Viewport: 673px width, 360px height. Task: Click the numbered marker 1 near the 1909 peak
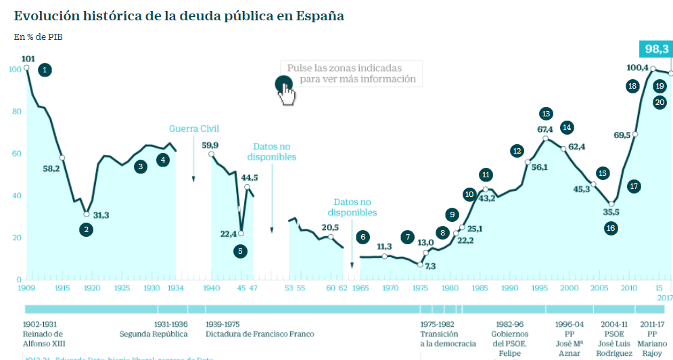pos(45,70)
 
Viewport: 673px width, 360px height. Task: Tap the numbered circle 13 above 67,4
pos(547,114)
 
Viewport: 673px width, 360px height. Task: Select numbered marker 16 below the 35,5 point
pos(611,228)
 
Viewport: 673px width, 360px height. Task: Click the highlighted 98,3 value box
pos(656,49)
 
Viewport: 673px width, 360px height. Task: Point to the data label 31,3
pos(101,215)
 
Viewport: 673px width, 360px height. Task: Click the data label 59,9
pos(210,145)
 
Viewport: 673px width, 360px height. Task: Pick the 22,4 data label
pos(228,234)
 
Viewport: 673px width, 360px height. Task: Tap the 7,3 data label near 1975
pos(431,267)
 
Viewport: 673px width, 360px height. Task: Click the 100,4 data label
pos(637,68)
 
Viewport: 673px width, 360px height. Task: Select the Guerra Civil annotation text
pos(194,129)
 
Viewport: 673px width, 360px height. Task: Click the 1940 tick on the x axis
pos(212,288)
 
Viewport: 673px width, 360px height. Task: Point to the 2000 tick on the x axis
pos(569,288)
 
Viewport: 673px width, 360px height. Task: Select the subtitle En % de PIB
pos(39,37)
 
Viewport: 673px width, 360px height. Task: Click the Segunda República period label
pos(152,334)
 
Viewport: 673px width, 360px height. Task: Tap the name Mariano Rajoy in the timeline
pos(652,348)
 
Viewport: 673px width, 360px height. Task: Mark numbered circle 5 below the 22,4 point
pos(240,251)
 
